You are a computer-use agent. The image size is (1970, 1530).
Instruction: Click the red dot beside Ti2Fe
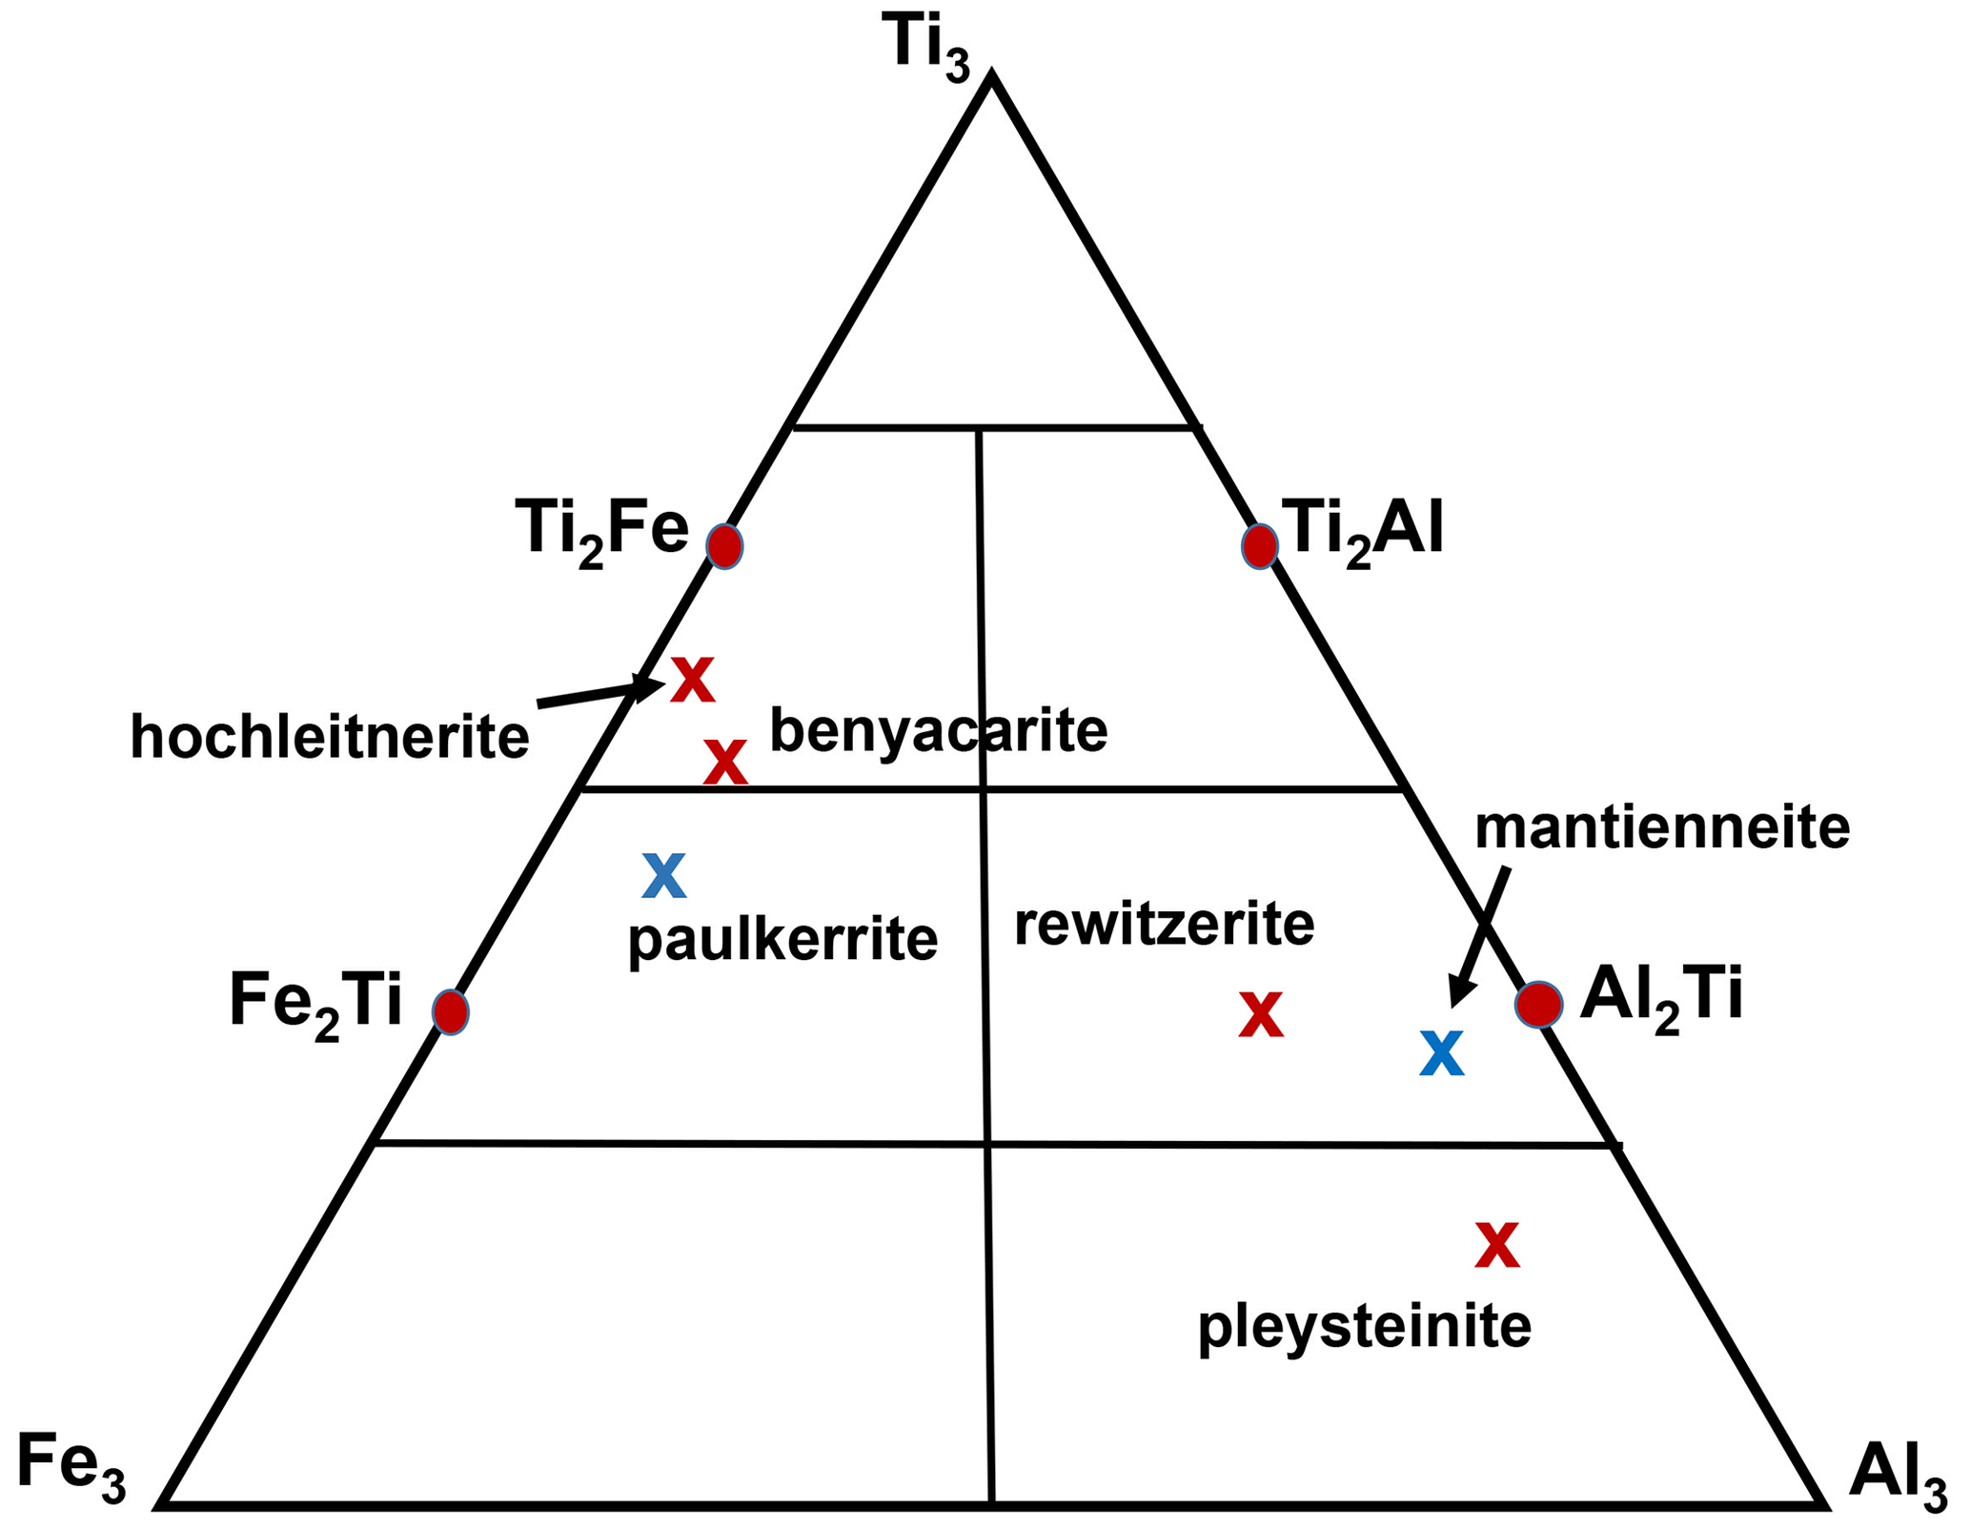724,546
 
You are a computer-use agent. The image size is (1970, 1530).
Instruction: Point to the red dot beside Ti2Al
1259,546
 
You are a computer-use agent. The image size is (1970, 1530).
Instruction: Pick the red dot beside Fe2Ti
450,1010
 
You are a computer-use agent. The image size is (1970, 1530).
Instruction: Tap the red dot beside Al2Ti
1538,1004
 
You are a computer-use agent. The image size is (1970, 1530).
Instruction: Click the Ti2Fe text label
600,530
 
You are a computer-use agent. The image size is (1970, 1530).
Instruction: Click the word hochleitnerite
329,737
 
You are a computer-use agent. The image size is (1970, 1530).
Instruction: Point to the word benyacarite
938,731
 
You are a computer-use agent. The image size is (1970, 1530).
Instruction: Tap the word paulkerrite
782,940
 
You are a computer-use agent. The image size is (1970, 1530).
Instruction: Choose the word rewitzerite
1164,924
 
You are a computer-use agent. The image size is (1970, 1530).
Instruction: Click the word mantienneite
1662,828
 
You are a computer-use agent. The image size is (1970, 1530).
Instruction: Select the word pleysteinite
1364,1326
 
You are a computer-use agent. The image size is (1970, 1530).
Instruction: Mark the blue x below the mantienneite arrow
1441,1054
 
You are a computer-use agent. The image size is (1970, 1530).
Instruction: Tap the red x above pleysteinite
1496,1245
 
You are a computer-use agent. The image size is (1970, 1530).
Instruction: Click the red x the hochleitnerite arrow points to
692,681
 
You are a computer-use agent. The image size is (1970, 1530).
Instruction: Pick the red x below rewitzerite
1260,1015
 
